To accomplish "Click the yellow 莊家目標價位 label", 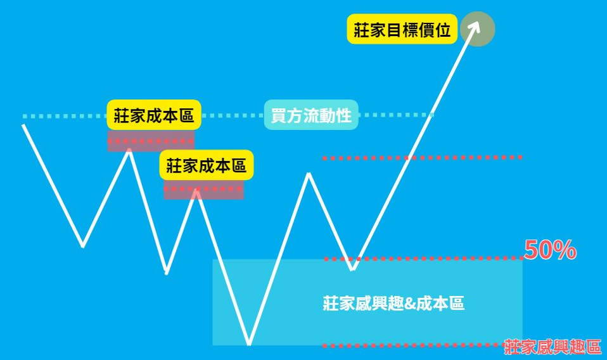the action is [402, 29].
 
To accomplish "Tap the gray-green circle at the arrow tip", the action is [478, 29].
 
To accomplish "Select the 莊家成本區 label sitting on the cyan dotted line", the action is [154, 115].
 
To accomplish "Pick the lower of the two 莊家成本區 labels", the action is [207, 165].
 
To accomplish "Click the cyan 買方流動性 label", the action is [311, 115].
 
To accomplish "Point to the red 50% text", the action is [550, 250].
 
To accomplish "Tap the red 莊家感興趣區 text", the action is [553, 347].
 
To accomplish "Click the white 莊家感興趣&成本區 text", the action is [393, 303].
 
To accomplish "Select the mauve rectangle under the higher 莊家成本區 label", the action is [151, 141].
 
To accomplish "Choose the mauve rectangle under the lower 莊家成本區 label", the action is [203, 190].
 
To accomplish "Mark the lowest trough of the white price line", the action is [249, 344].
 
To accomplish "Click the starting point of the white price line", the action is [24, 125].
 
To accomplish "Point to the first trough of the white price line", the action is [83, 246].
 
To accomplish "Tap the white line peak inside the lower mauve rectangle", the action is [196, 190].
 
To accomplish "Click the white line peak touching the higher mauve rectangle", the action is [129, 150].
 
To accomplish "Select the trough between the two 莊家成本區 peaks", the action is [167, 273].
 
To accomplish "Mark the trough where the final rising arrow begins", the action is [352, 268].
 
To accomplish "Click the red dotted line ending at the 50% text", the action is [423, 258].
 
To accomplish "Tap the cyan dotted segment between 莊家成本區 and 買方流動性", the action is [233, 115].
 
